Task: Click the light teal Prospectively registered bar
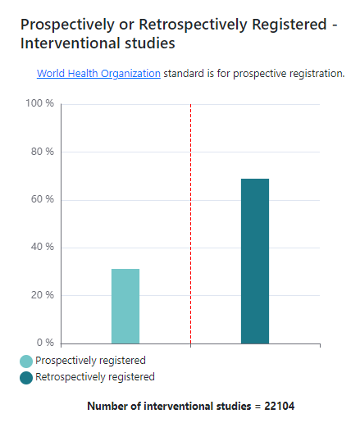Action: coord(125,306)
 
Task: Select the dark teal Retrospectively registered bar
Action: coord(255,261)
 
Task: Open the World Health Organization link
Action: coord(98,74)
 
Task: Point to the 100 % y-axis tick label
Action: coord(40,104)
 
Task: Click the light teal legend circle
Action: coord(26,361)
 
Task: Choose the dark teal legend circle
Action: coord(26,377)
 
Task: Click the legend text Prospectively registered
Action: coord(90,361)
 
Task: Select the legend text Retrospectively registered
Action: coord(95,377)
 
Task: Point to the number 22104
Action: coord(279,407)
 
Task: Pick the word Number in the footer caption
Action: coord(107,407)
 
